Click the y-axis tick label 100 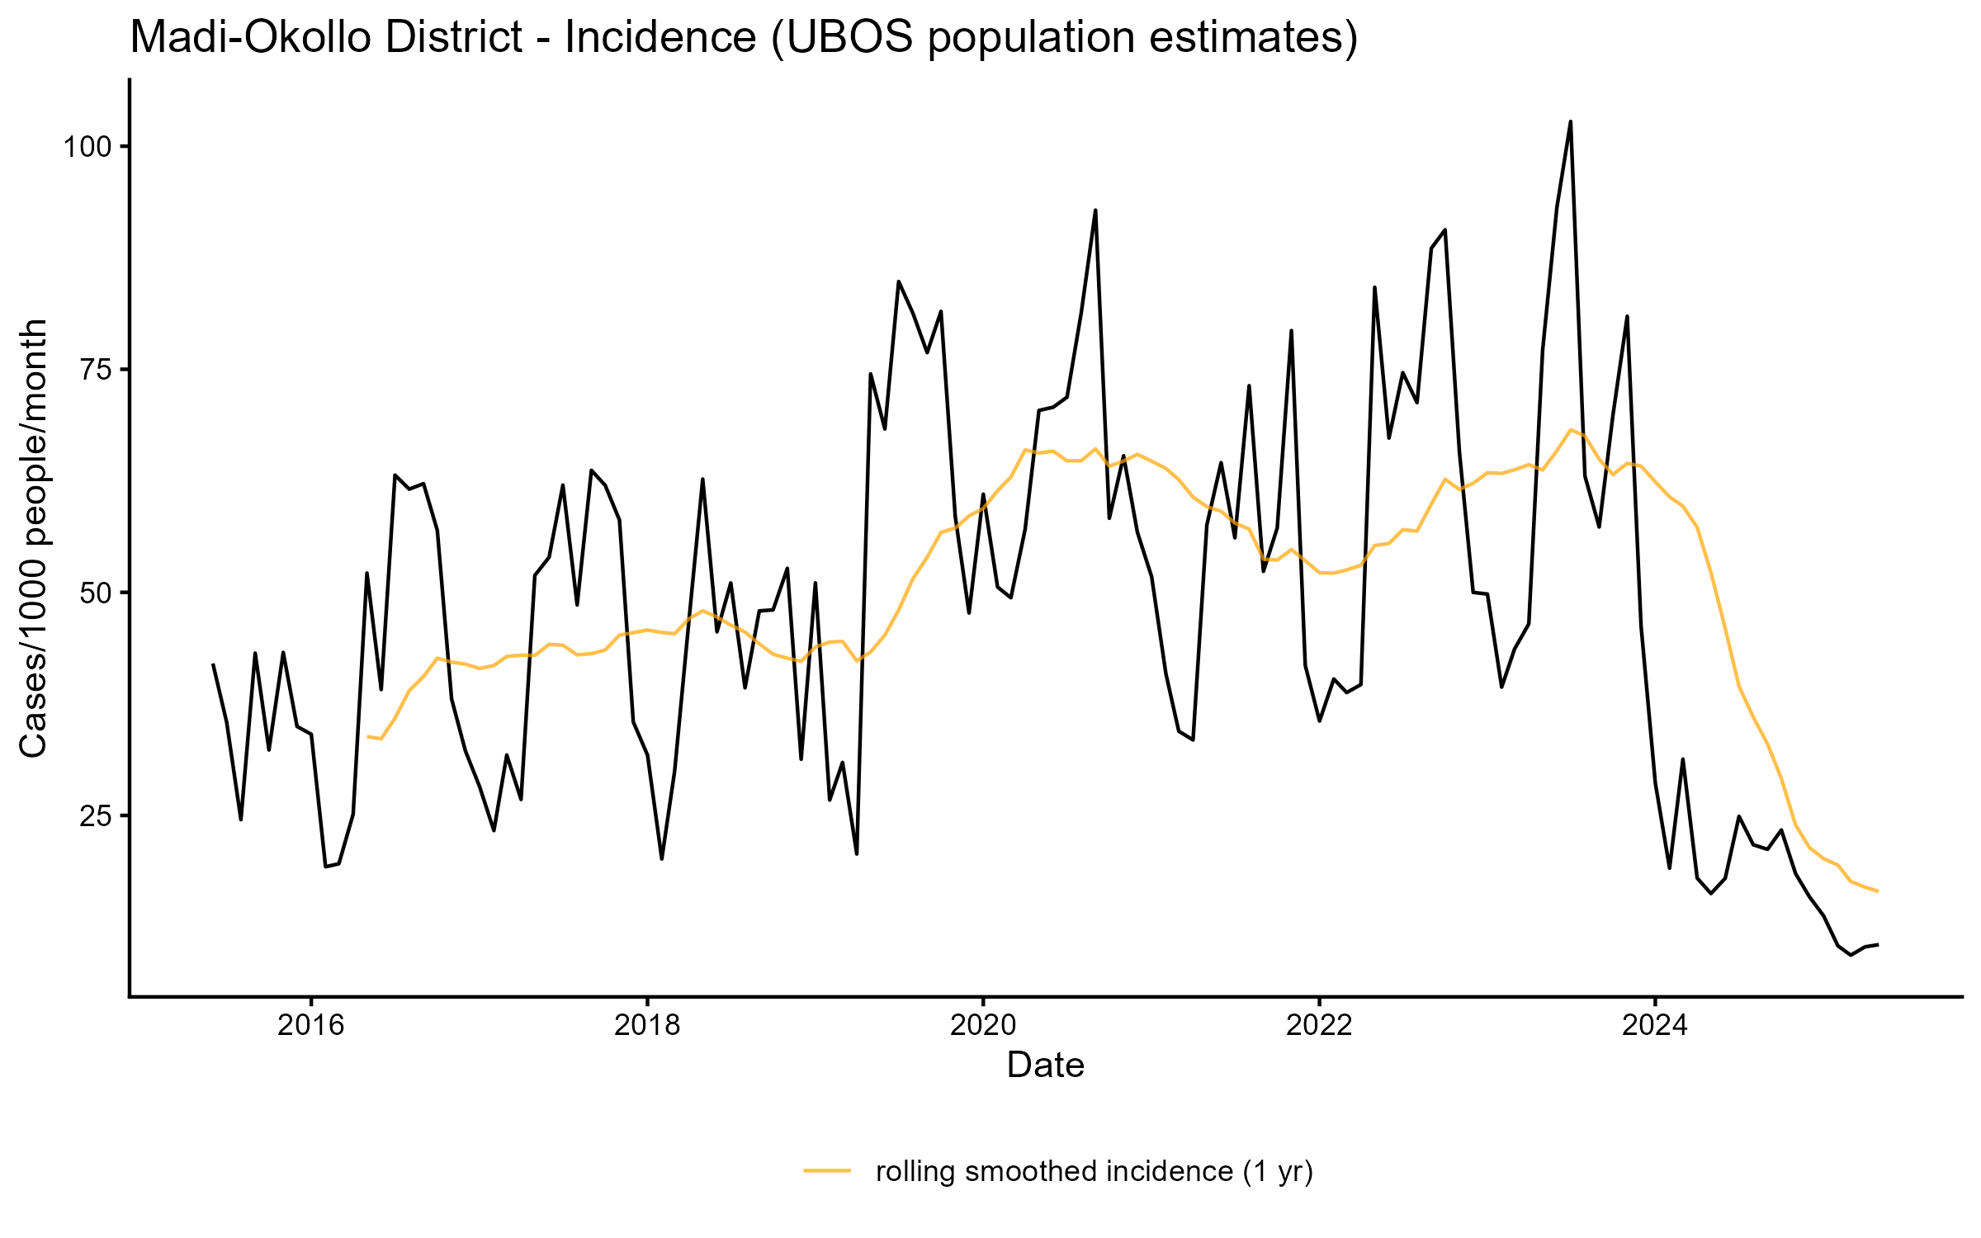(x=87, y=148)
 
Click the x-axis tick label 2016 (x=311, y=1025)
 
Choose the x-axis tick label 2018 (x=647, y=1025)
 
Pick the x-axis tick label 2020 (x=983, y=1025)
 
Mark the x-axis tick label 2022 (x=1319, y=1025)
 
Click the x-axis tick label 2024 (x=1655, y=1025)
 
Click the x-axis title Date (x=1045, y=1066)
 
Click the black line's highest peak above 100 (x=1570, y=122)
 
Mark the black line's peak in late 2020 (x=1095, y=210)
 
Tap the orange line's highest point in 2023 (x=1570, y=429)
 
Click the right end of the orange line (x=1878, y=891)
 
